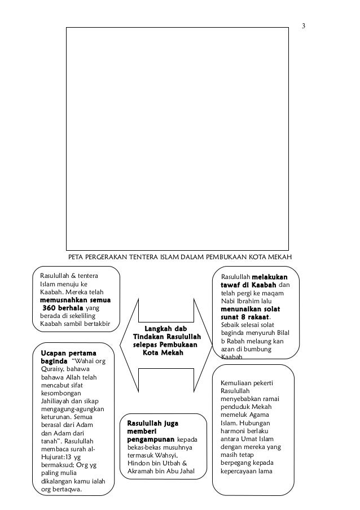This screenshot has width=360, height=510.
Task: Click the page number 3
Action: point(304,26)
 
